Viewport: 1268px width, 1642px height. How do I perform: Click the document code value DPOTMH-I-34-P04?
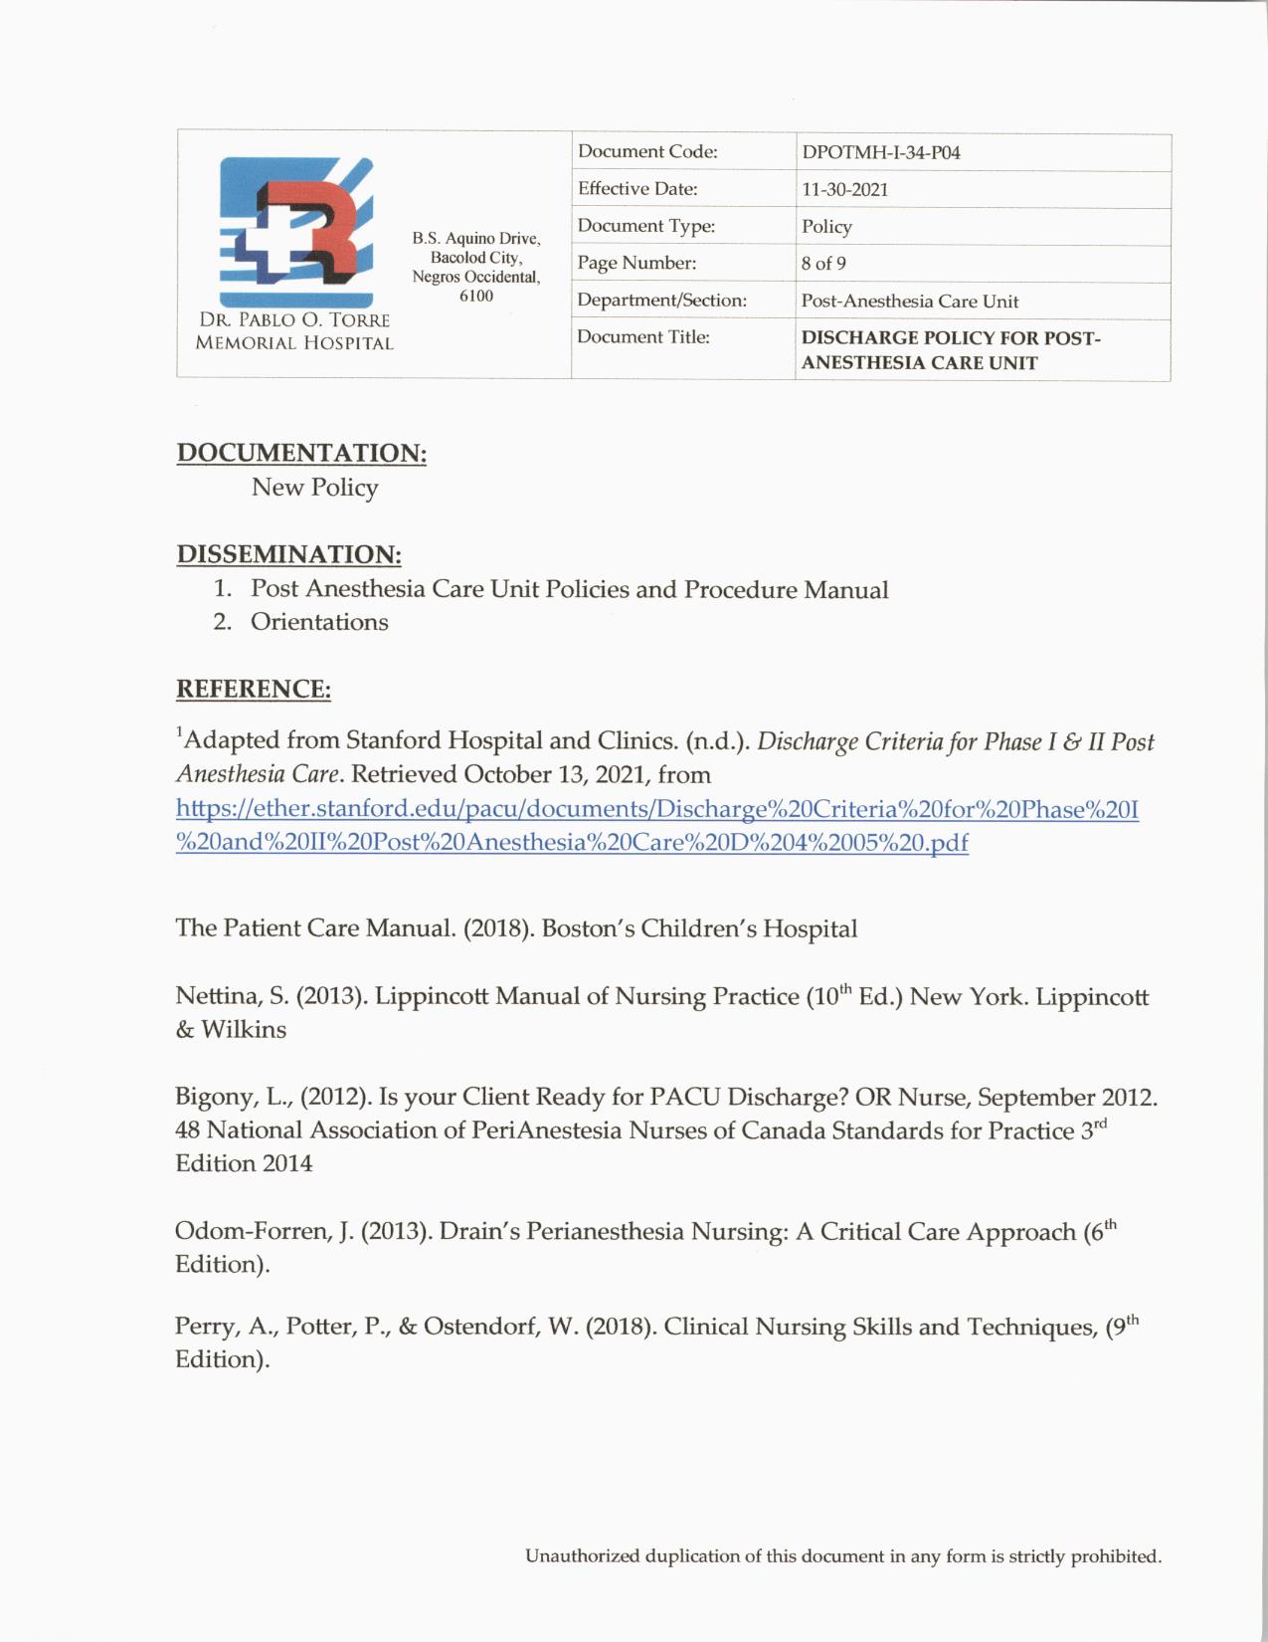tap(880, 153)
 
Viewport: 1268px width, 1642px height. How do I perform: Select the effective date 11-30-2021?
tap(844, 190)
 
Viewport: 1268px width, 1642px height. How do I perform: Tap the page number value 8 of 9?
tap(823, 264)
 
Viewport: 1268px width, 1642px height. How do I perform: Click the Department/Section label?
tap(661, 301)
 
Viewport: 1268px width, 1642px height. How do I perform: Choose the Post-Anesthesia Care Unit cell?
tap(909, 302)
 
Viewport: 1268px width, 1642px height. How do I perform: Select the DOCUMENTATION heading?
tap(301, 453)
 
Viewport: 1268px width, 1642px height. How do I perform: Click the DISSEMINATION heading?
tap(288, 554)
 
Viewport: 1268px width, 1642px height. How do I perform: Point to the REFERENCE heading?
tap(253, 689)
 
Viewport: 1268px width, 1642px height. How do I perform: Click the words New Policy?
tap(314, 488)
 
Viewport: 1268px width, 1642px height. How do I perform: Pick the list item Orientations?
tap(319, 622)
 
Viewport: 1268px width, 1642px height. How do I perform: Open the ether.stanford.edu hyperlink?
tap(656, 826)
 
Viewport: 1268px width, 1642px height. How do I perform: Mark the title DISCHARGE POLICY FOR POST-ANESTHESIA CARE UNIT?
tap(950, 350)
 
